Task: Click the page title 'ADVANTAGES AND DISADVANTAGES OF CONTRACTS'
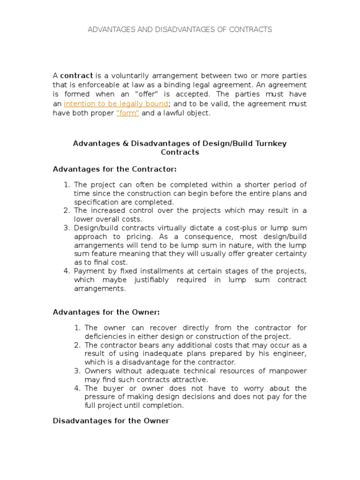click(180, 30)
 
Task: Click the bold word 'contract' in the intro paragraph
click(76, 75)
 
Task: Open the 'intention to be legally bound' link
click(116, 104)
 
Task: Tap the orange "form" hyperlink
click(127, 113)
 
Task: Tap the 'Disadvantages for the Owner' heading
click(111, 421)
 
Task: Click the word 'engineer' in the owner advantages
click(290, 353)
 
